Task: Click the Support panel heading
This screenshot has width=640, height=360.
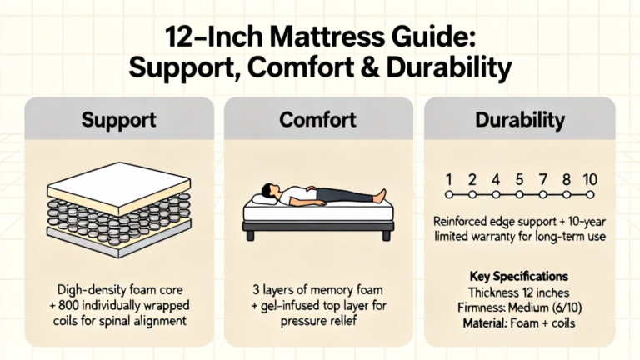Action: [x=119, y=120]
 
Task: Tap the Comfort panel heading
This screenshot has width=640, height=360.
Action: [x=318, y=120]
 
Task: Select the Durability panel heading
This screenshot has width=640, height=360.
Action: [x=520, y=120]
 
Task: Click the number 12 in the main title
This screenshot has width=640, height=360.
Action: [x=178, y=37]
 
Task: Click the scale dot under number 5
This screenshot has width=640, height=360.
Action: [x=519, y=195]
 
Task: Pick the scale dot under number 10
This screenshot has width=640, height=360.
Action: [x=590, y=195]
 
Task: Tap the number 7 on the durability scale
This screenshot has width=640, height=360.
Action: [x=542, y=179]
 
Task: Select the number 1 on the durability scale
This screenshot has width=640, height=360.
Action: [x=449, y=179]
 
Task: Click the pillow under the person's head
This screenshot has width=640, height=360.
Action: [x=263, y=200]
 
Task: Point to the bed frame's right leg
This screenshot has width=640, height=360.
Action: [x=386, y=236]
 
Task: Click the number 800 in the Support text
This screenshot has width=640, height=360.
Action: [x=70, y=305]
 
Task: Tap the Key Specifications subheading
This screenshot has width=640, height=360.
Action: [x=519, y=277]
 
